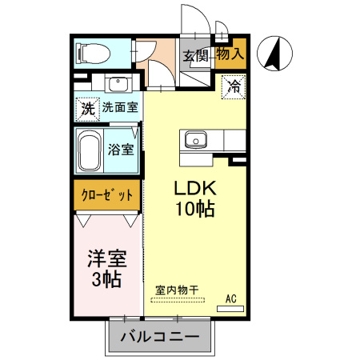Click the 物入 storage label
tap(230, 54)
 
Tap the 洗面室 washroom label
tap(120, 106)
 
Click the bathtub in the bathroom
tap(90, 150)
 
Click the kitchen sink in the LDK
tap(195, 140)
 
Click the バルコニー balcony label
tap(160, 336)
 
